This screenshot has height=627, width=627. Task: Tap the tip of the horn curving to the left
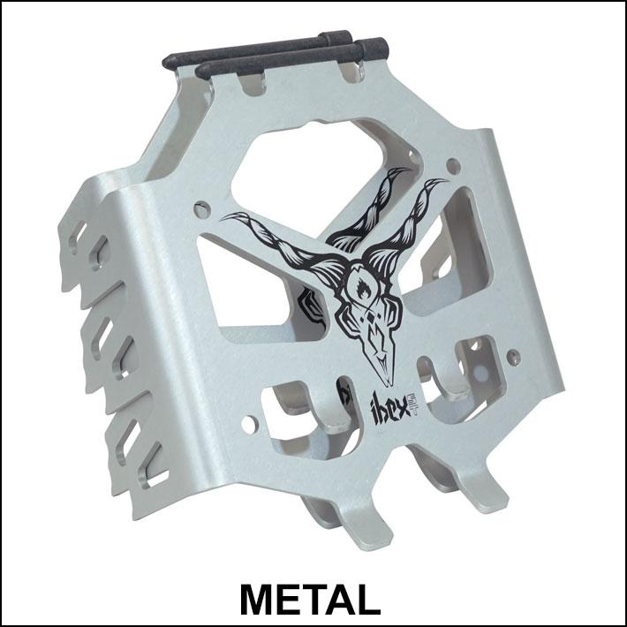coord(221,215)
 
